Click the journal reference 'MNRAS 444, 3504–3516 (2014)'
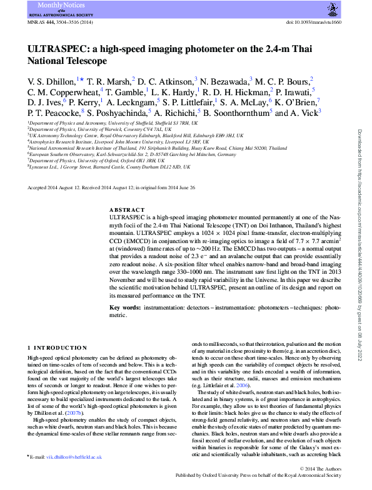click(57, 22)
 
